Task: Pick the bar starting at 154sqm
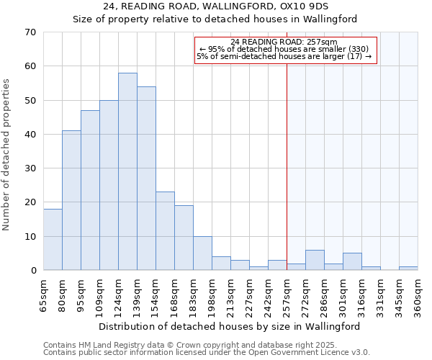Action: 165,230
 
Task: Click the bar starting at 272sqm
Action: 315,260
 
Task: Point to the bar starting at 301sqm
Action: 352,261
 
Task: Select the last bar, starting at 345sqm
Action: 408,269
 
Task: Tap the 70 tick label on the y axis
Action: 30,32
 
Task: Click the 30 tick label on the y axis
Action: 30,168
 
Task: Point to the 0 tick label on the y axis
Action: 32,271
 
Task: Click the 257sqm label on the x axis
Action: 287,294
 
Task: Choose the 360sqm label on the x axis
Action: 418,294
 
